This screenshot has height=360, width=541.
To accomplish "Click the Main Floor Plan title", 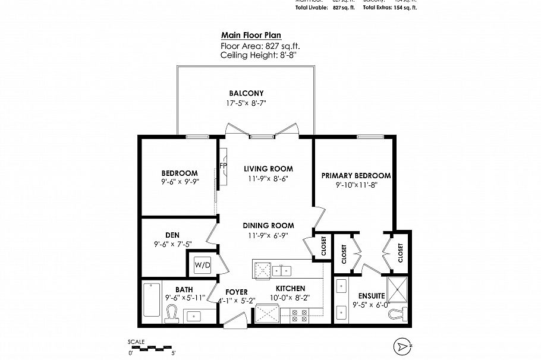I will (251, 35).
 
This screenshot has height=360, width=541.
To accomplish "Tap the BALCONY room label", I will (246, 93).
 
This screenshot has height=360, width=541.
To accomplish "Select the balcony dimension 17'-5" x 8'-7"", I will (246, 103).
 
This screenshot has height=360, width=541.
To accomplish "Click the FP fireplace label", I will (224, 165).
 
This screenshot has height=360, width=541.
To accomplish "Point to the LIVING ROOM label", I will (269, 169).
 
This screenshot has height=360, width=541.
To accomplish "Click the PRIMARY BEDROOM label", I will (356, 175).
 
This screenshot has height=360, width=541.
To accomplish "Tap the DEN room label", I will (172, 235).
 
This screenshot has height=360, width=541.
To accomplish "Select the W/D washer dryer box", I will (203, 264).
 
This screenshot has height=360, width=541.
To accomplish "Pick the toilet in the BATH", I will (172, 312).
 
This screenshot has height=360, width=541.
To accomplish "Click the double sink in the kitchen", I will (281, 271).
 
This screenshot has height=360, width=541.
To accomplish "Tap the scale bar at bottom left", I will (152, 347).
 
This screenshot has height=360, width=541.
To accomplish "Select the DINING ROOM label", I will (268, 226).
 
